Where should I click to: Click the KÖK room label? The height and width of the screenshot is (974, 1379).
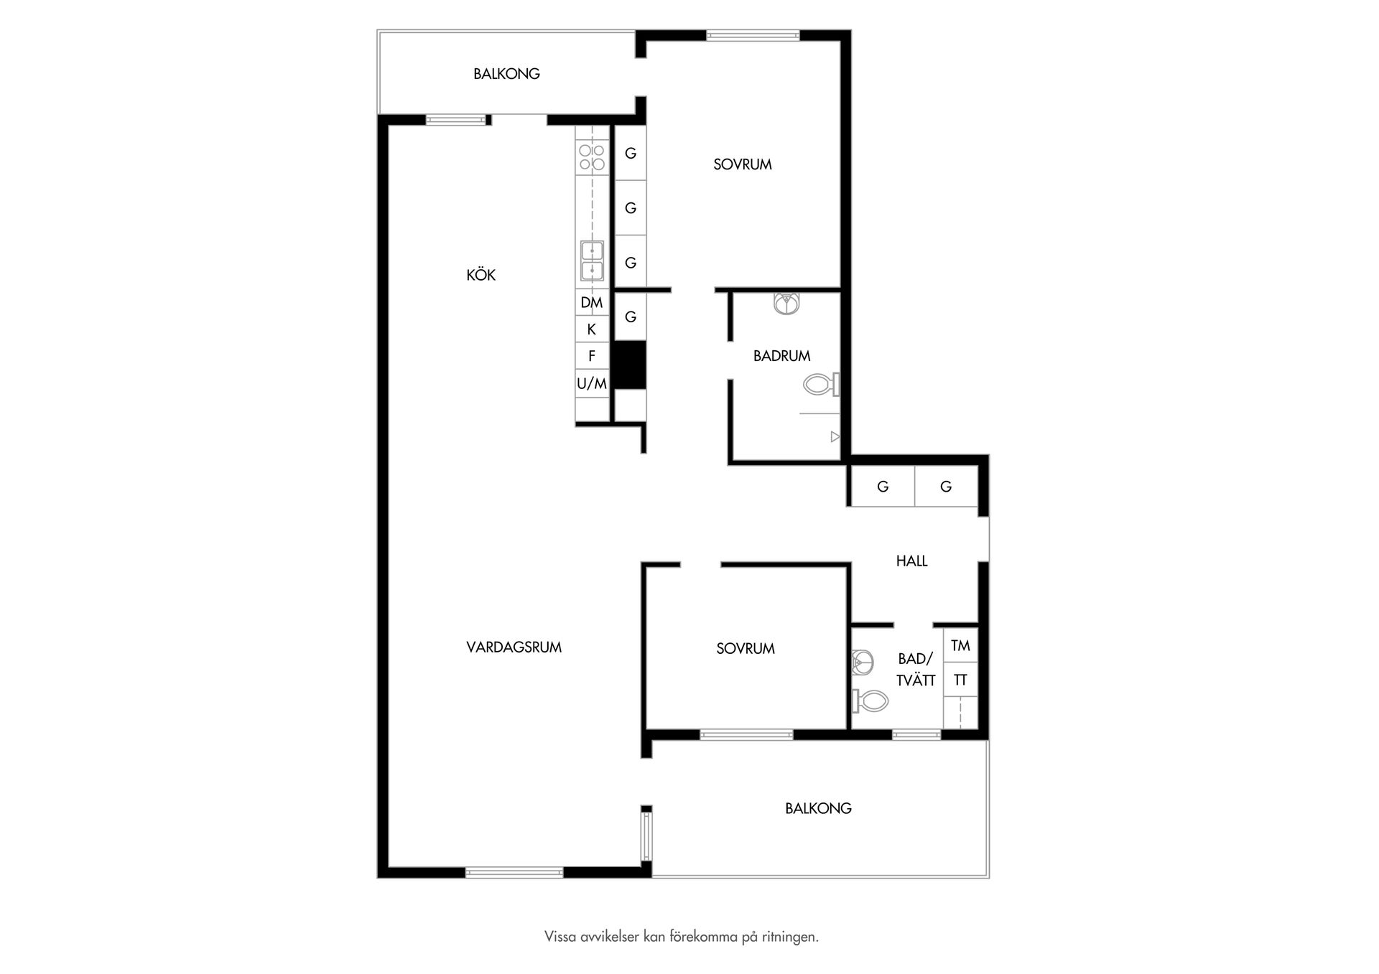480,275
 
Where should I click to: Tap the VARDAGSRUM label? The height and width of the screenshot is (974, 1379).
514,647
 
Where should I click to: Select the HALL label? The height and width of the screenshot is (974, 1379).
911,561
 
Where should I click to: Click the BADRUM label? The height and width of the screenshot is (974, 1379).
781,356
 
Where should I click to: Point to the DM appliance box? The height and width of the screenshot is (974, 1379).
592,302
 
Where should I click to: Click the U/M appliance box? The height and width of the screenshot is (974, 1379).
592,383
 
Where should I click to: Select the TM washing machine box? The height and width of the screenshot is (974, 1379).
960,645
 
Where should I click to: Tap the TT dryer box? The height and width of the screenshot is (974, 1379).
960,679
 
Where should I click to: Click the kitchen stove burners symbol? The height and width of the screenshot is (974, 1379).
592,157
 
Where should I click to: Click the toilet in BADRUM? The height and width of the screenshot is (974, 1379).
822,385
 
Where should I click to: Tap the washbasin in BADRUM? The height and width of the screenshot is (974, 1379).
788,304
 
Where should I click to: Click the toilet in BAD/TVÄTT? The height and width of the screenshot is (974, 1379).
870,701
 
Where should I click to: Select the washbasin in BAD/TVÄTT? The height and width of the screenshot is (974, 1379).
862,662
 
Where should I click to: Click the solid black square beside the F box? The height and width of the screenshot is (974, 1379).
630,365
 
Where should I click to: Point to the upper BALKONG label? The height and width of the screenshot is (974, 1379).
506,74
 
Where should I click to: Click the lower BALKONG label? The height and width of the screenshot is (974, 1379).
818,808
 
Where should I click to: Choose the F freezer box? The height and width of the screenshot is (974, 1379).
592,356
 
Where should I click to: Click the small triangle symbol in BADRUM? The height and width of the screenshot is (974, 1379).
835,436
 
